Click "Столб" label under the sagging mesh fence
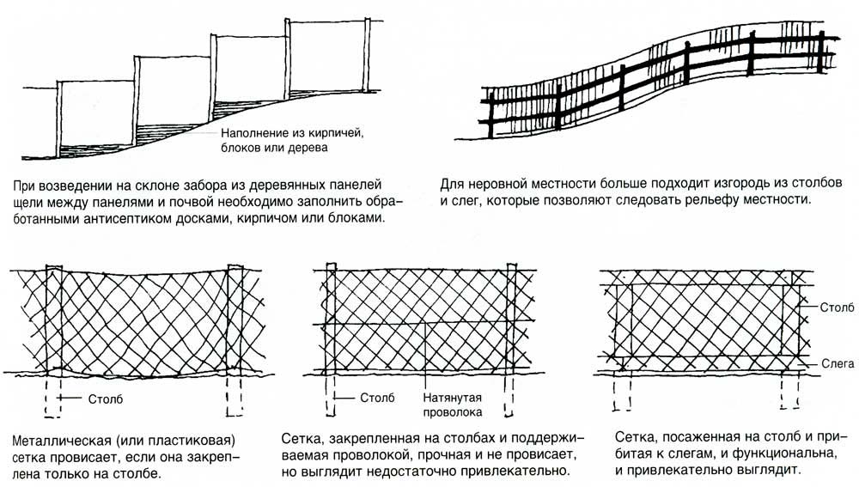point(104,398)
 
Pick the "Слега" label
point(837,364)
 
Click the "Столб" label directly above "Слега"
point(837,306)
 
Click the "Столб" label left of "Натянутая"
point(377,398)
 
